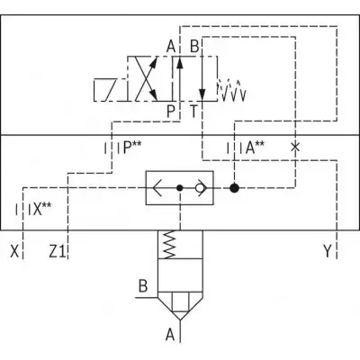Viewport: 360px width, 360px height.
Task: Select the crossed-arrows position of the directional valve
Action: click(150, 78)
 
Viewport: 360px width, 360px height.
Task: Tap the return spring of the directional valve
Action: click(232, 90)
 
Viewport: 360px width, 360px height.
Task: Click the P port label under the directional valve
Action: click(170, 112)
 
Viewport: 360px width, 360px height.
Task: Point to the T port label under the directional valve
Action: click(194, 112)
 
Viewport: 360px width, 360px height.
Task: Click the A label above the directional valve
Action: click(171, 47)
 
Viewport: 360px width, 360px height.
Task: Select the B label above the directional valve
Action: click(194, 47)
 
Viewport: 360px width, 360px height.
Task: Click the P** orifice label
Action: click(132, 148)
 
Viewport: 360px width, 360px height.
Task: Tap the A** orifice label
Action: click(255, 148)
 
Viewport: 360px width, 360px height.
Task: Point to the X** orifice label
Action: click(41, 209)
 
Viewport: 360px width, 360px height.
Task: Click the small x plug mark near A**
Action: click(295, 148)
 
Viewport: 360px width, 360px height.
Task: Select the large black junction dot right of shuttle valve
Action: click(234, 188)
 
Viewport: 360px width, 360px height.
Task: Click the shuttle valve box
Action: click(180, 188)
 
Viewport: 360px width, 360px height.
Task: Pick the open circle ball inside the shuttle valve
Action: click(199, 188)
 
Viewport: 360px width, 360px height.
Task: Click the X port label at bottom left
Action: click(14, 251)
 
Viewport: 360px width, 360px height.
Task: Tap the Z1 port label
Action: click(57, 251)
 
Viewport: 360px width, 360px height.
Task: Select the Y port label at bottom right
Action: click(328, 251)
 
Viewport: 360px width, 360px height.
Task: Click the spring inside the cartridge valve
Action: click(168, 244)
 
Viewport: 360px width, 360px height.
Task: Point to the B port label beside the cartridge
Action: click(143, 286)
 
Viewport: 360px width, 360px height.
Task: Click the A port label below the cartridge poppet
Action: click(170, 335)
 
